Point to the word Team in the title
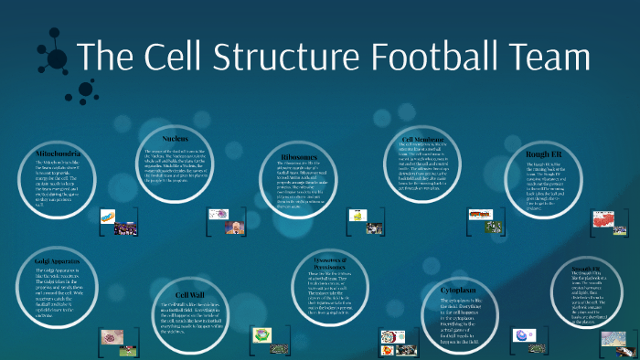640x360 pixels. [x=552, y=58]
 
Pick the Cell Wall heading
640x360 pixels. [x=189, y=294]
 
